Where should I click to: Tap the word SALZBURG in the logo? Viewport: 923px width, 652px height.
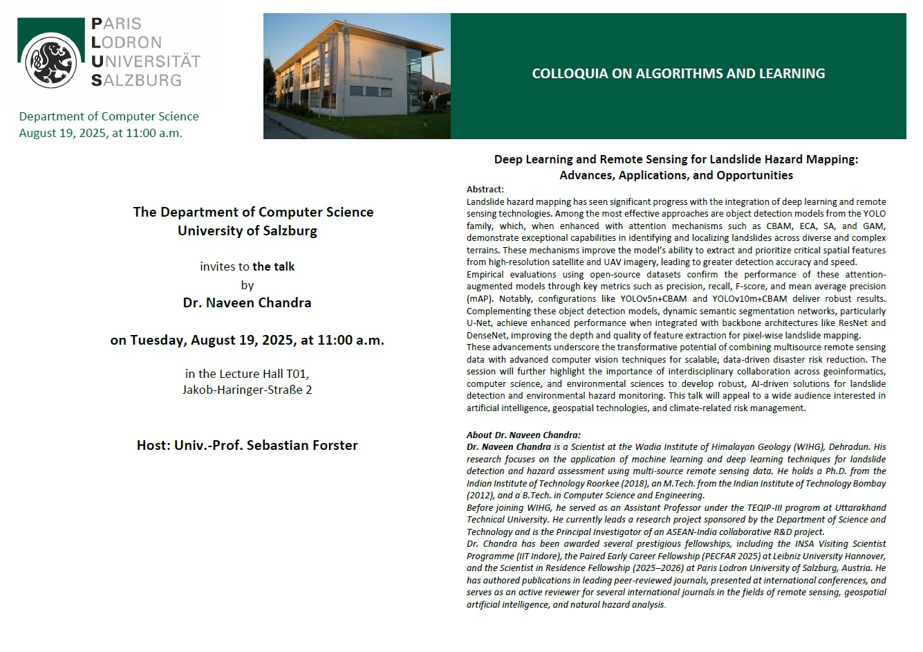(x=136, y=80)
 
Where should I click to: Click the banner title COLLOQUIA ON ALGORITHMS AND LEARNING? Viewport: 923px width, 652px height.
(x=678, y=73)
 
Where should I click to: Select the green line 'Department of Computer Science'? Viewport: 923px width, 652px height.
(x=109, y=116)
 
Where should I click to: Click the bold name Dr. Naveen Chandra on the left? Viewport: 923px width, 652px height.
(x=247, y=302)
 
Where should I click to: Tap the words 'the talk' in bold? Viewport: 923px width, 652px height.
(x=274, y=266)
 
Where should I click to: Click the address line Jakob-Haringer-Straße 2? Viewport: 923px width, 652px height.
(x=247, y=390)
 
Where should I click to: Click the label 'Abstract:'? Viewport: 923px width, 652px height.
(x=485, y=190)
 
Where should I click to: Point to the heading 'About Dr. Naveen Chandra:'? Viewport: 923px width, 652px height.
(x=523, y=435)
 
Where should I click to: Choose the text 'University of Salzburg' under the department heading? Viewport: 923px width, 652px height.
(x=247, y=230)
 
